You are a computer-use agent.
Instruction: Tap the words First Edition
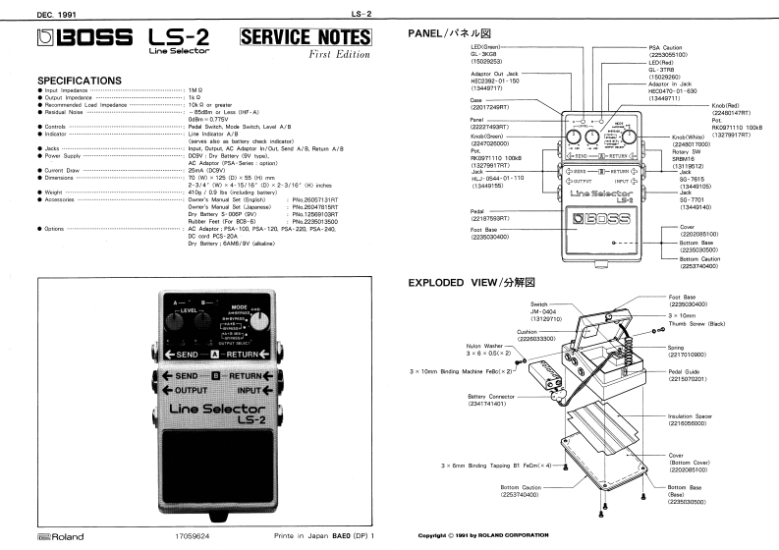pyautogui.click(x=337, y=59)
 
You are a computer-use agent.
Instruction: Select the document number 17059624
pyautogui.click(x=195, y=539)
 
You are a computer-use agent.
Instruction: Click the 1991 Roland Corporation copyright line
pyautogui.click(x=483, y=538)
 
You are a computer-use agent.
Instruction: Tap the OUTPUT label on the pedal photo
pyautogui.click(x=187, y=388)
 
